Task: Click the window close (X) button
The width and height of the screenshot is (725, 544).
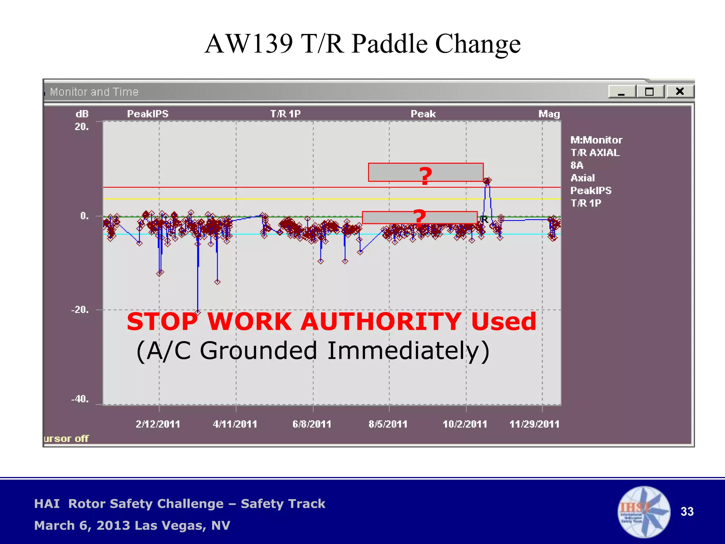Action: coord(680,92)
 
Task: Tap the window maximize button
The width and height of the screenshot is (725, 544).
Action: coord(650,92)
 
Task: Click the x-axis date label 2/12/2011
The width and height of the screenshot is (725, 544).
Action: coord(158,424)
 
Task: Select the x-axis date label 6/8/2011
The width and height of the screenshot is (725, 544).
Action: coord(312,424)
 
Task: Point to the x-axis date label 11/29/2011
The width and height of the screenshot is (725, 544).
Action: coord(534,424)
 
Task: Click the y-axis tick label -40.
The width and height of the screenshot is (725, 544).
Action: coord(80,399)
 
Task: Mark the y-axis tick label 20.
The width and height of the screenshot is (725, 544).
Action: coord(81,127)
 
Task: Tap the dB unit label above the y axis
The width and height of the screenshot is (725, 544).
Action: coord(82,114)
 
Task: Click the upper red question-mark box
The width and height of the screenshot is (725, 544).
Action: coord(426,172)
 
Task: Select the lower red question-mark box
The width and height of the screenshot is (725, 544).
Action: coord(420,217)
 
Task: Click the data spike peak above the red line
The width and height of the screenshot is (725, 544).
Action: coord(487,181)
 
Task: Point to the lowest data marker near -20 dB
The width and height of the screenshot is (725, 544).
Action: coord(198,312)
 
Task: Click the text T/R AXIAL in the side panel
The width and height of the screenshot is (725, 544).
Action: coord(595,153)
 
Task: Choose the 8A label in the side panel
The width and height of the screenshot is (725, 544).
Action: coord(577,165)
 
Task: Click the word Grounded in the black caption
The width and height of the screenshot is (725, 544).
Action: coord(258,351)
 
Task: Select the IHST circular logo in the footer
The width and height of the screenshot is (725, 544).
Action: coord(644,512)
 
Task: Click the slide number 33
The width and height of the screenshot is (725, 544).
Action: coord(687,512)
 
